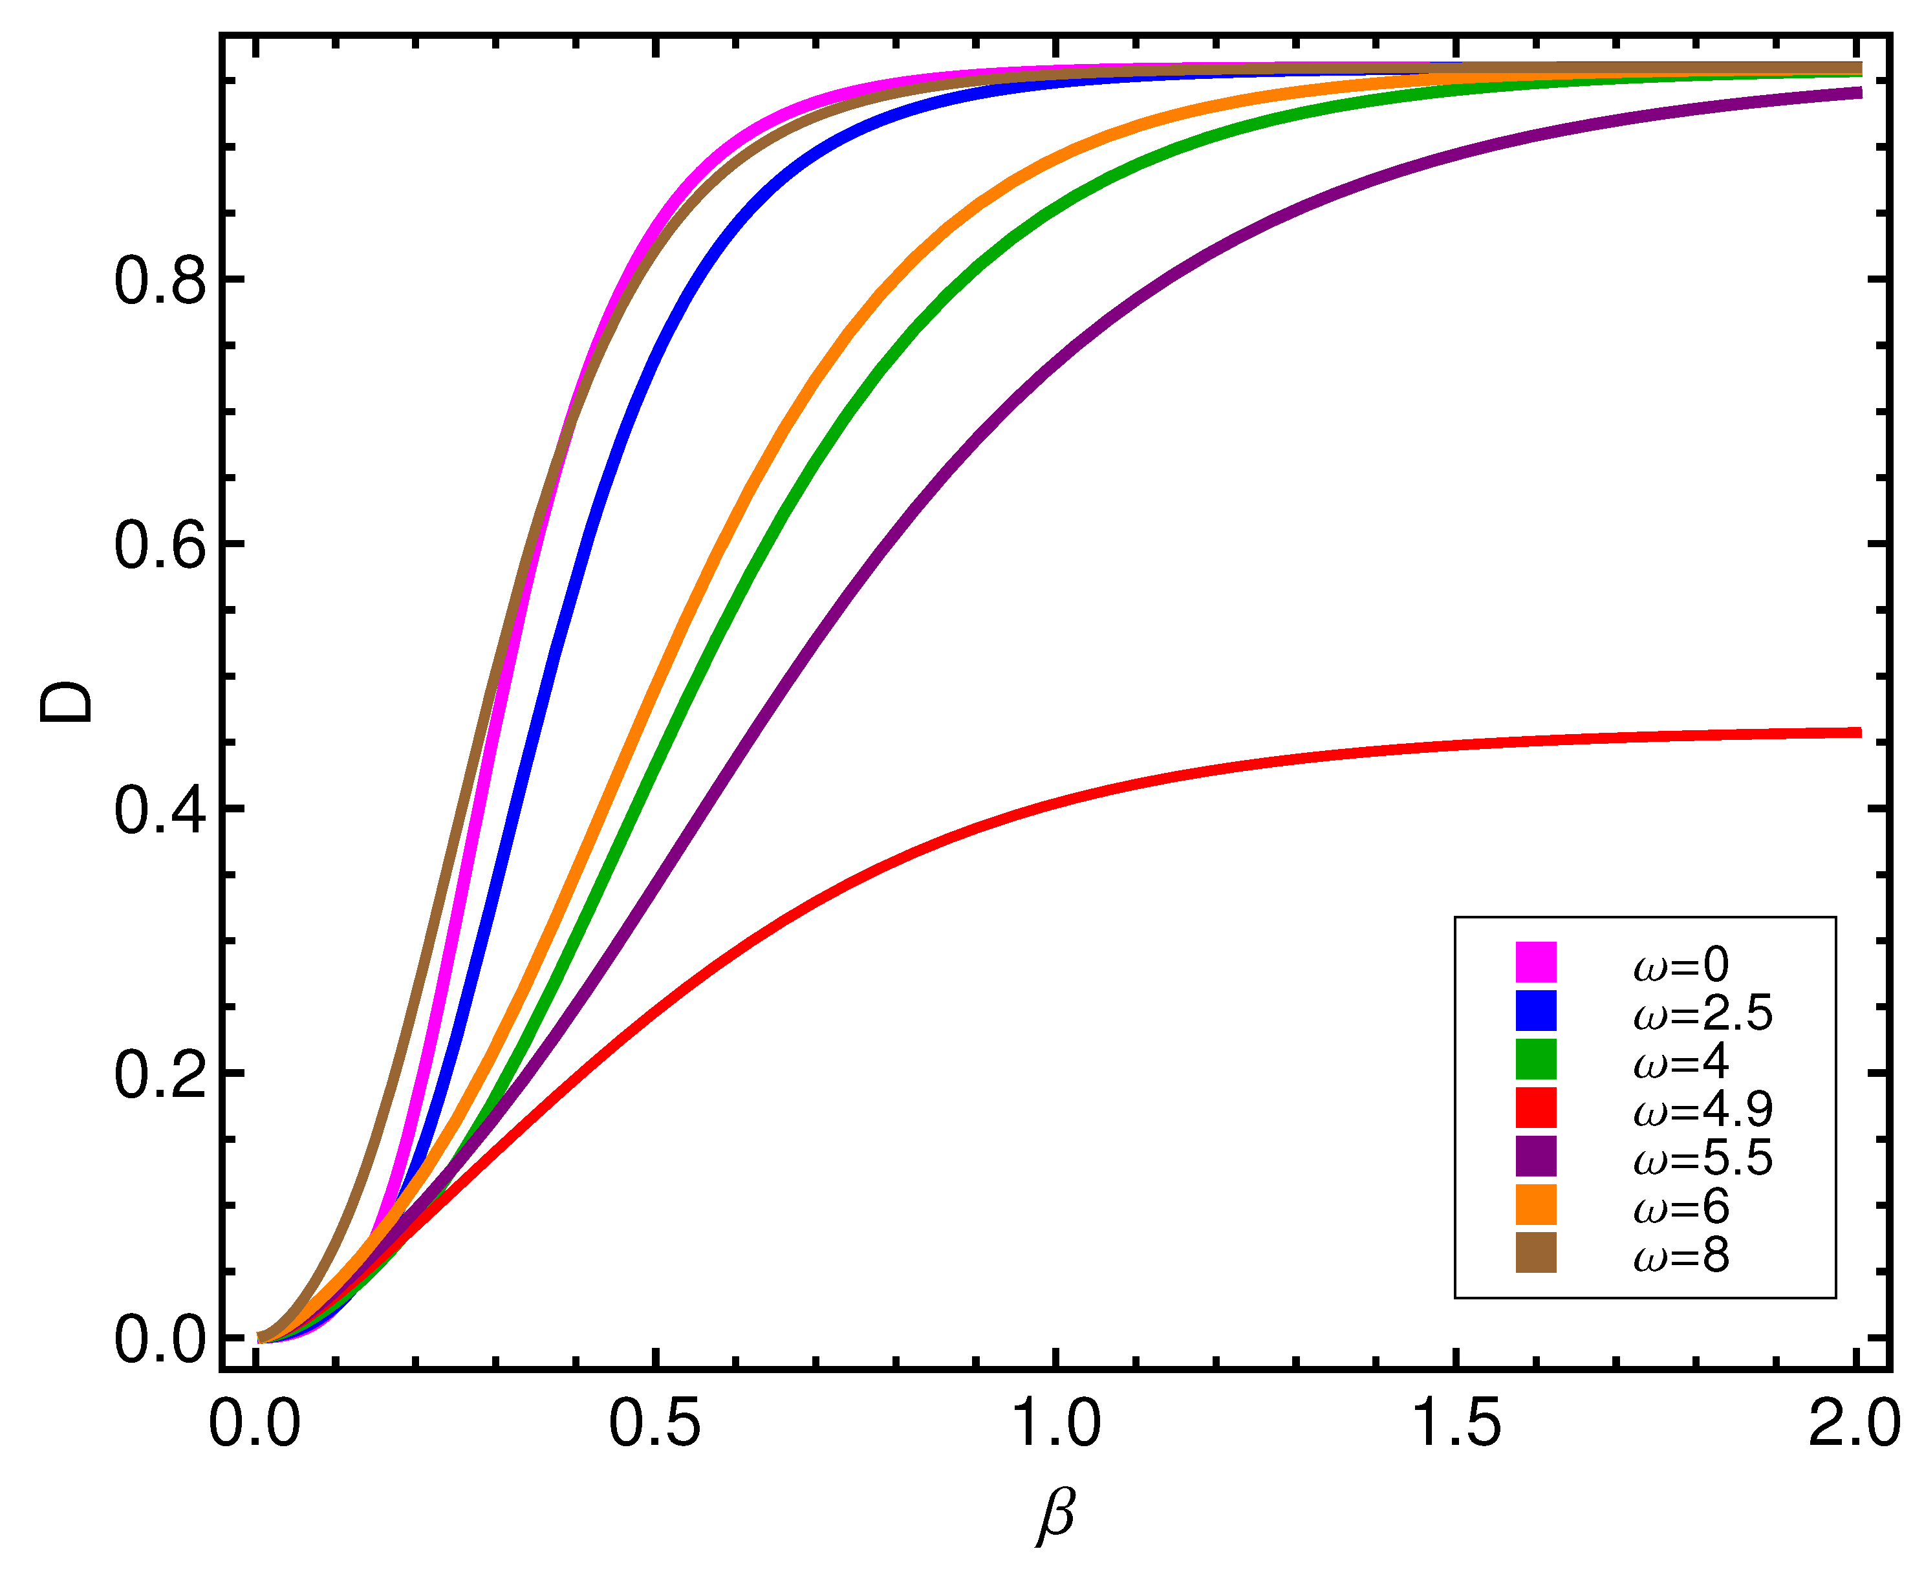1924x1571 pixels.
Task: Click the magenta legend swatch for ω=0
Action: pos(1536,962)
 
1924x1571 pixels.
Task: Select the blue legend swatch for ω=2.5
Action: pos(1536,1011)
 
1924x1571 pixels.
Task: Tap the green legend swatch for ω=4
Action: pos(1536,1059)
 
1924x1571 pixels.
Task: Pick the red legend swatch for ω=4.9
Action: pos(1536,1108)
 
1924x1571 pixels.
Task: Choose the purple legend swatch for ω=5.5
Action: pos(1536,1156)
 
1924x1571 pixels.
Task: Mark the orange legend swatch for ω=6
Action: pos(1536,1204)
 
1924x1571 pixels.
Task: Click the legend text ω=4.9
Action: pos(1702,1109)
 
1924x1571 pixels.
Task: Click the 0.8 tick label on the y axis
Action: pos(160,281)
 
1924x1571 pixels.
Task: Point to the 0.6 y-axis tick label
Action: pos(160,546)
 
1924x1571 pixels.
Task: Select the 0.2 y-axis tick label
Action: pos(160,1075)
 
